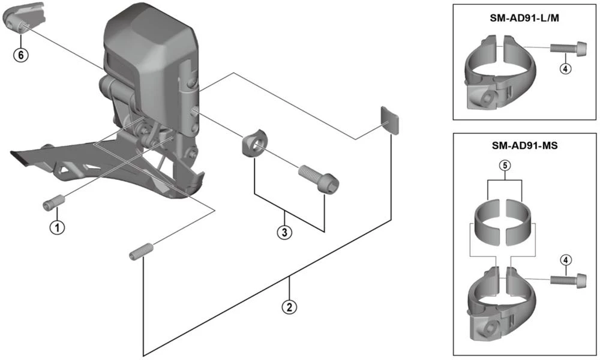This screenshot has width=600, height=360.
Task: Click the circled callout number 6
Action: pyautogui.click(x=21, y=55)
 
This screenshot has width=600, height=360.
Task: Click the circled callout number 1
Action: pyautogui.click(x=58, y=227)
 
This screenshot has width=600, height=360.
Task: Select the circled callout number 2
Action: pyautogui.click(x=289, y=307)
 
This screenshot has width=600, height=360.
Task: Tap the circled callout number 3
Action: pyautogui.click(x=285, y=232)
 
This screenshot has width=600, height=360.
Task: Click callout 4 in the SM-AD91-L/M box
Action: pyautogui.click(x=565, y=68)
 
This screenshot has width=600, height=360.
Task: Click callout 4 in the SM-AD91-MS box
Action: pyautogui.click(x=565, y=260)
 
